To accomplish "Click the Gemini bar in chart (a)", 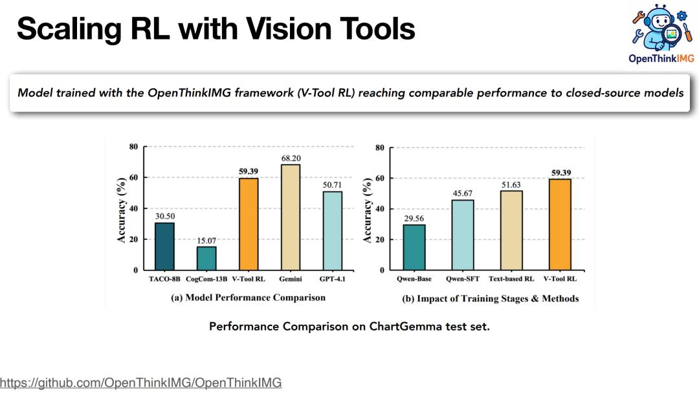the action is coord(290,217).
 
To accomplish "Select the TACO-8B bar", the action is coord(164,246).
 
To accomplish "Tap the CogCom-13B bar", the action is coord(206,259).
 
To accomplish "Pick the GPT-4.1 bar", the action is coord(333,231).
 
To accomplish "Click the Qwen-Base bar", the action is coord(414,247).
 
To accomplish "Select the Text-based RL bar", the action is coord(511,230).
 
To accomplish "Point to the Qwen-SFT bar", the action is coord(463,235).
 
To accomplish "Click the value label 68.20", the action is coord(291,159).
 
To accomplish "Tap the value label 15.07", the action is coord(206,241).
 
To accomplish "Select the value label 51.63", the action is coord(511,184).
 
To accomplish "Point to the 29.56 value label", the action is coord(414,219).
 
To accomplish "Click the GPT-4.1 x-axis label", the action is coord(333,279).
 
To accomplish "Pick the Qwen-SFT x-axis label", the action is coord(463,279).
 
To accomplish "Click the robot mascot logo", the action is coord(661,27).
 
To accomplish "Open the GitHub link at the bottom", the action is coord(141,382).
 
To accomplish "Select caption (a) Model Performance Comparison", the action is coord(249,298).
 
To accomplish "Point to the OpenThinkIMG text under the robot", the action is coord(661,58).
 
